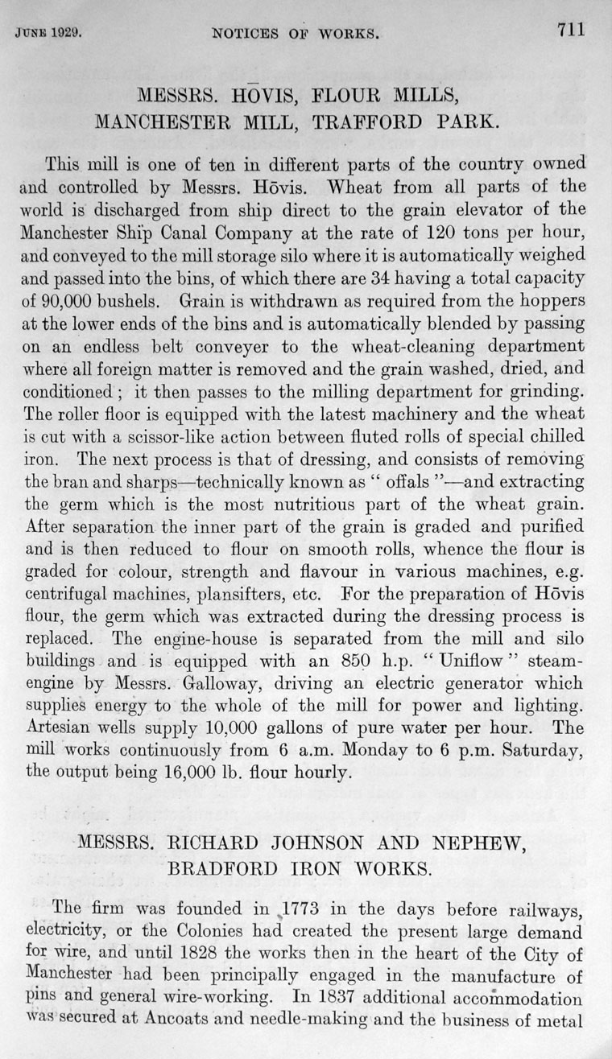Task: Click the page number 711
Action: click(x=569, y=31)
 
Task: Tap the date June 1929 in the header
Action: click(x=50, y=35)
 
